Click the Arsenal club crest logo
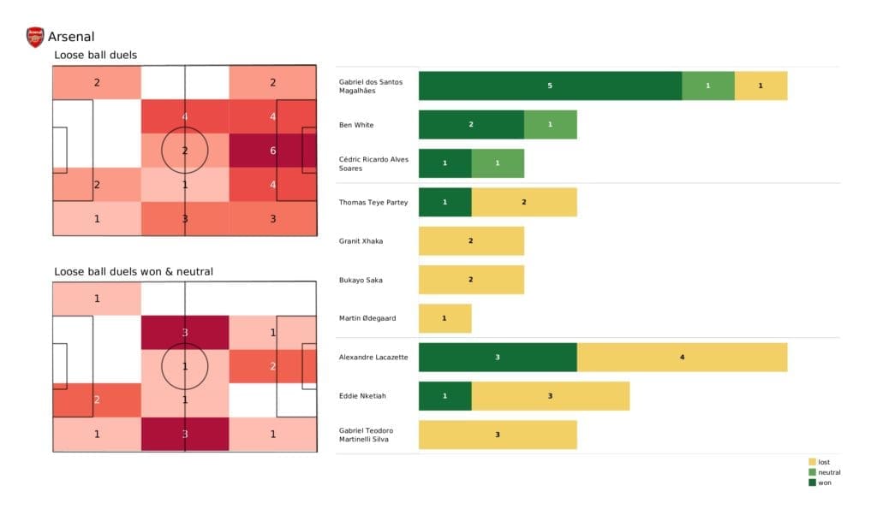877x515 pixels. (35, 37)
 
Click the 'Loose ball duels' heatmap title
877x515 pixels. (95, 56)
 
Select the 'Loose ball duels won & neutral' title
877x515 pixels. (134, 272)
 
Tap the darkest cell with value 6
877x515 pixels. (272, 150)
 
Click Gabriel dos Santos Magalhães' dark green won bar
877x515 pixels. (550, 86)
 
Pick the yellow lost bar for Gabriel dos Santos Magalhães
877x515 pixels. (761, 86)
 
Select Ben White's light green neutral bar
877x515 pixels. (550, 124)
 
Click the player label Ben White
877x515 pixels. (356, 125)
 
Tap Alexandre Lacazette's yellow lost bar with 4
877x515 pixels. (682, 357)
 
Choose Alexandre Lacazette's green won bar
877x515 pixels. (498, 357)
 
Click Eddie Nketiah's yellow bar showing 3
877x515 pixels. (550, 395)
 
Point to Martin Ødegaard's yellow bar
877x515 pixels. (444, 318)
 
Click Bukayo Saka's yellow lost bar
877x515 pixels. (471, 280)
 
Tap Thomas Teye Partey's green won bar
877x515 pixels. (444, 202)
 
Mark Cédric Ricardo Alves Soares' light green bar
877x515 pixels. (498, 163)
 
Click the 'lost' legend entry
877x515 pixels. (824, 462)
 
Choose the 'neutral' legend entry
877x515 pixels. (828, 472)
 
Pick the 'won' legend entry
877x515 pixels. (824, 482)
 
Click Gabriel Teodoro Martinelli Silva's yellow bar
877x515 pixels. (498, 435)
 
